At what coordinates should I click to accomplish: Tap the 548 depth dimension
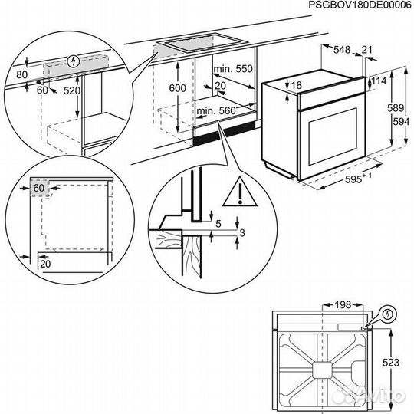pos(343,49)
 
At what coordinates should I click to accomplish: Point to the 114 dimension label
pos(379,81)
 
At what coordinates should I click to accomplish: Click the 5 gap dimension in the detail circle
pos(219,224)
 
